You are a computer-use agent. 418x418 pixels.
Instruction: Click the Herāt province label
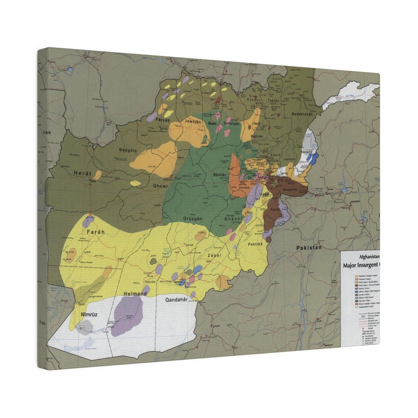[x=82, y=174]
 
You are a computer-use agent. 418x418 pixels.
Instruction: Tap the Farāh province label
[x=95, y=232]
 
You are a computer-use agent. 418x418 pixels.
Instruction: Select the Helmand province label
[x=135, y=294]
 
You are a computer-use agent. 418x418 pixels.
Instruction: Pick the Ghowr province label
[x=160, y=186]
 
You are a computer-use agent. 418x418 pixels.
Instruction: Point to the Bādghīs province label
[x=128, y=150]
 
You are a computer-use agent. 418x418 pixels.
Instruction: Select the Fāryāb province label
[x=162, y=120]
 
